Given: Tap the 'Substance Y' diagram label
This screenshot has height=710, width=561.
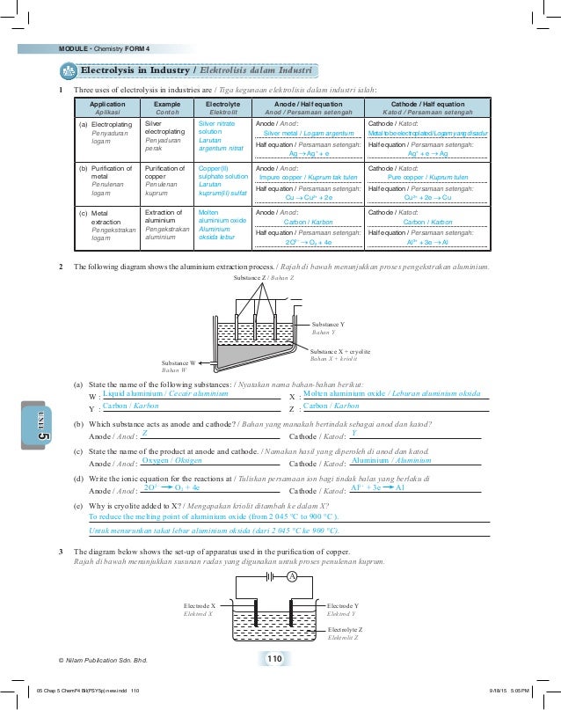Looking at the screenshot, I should click(x=328, y=325).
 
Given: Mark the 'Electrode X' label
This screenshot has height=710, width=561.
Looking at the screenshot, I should click(x=200, y=607).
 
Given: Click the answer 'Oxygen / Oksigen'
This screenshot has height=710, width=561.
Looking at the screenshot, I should click(x=172, y=460).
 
